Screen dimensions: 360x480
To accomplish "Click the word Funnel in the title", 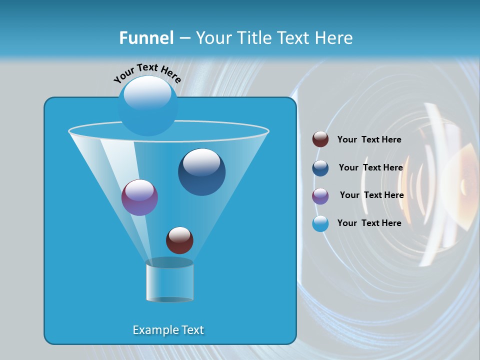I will [146, 38].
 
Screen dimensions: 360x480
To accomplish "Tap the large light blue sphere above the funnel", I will [147, 106].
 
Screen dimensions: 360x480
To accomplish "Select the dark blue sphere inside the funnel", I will [201, 172].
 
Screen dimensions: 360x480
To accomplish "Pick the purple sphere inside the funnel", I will [139, 198].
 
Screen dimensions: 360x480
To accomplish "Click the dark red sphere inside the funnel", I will [179, 240].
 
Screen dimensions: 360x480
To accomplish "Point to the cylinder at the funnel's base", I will [169, 281].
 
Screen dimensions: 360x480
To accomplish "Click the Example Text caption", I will [168, 330].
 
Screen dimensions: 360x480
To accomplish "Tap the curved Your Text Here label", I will [147, 73].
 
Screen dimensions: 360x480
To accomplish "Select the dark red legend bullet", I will [320, 139].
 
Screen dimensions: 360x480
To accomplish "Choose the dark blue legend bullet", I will [320, 168].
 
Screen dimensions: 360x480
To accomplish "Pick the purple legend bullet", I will [320, 196].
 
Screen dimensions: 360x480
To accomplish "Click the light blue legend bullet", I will [320, 223].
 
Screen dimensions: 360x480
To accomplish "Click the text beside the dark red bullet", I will [369, 139].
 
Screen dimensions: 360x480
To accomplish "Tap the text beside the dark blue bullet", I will [370, 167].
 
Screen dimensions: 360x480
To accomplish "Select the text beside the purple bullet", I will [371, 195].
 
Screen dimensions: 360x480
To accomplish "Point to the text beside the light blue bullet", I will [369, 223].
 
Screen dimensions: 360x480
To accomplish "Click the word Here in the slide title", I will [334, 38].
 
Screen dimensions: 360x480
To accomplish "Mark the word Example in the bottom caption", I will [151, 330].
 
